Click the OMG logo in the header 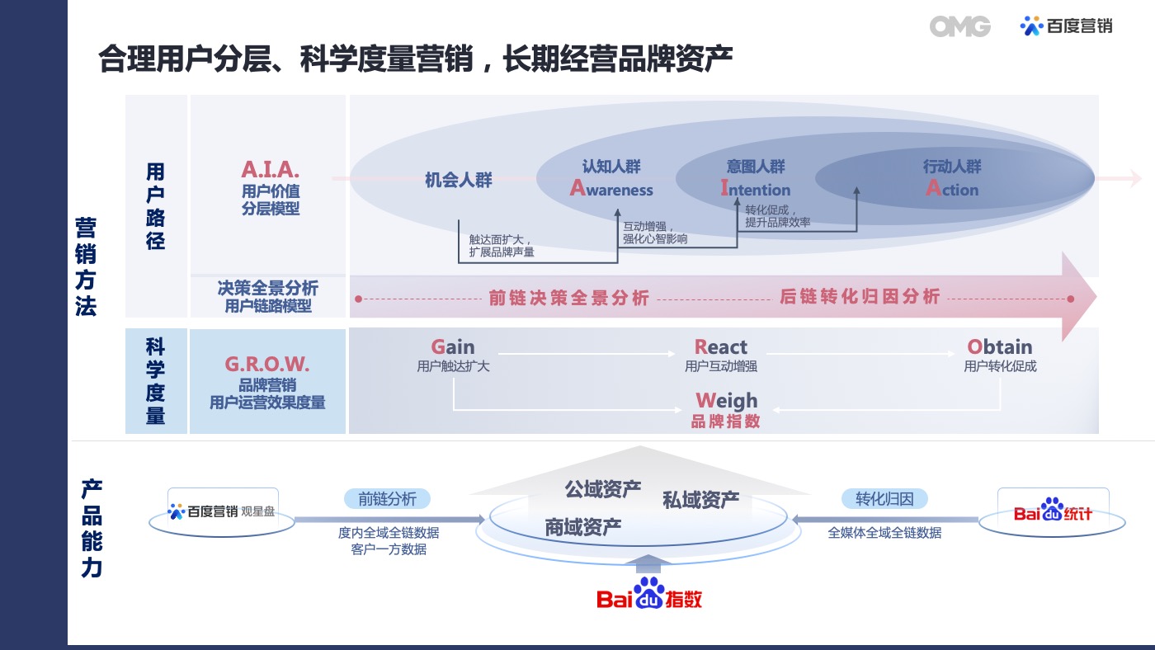pos(959,26)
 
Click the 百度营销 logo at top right pos(1066,26)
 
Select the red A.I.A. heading pos(271,170)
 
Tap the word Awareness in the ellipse pos(611,188)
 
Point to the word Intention pos(756,188)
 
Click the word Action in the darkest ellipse pos(952,188)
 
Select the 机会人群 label pos(459,180)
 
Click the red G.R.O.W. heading pos(267,365)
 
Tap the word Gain pos(453,346)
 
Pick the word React pos(721,346)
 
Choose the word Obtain pos(1000,346)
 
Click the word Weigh pos(727,401)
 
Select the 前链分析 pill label pos(387,498)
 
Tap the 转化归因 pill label pos(884,498)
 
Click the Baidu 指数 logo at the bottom pos(648,594)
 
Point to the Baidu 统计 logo pos(1053,511)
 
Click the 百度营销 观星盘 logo pos(221,511)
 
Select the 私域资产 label pos(700,500)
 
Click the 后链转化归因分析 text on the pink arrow pos(860,296)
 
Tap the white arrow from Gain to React pos(587,354)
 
